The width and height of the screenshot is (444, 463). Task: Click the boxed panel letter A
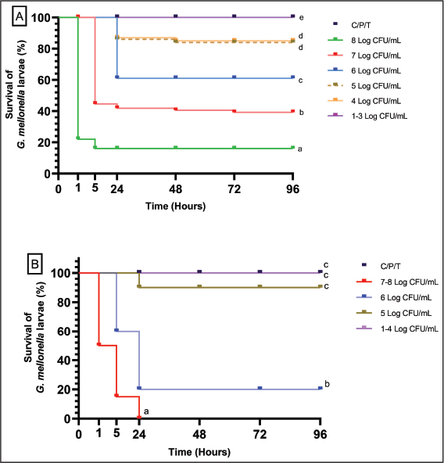coord(20,16)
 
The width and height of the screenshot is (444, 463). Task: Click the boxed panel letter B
coord(35,264)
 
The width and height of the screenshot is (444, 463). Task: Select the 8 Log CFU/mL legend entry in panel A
coord(364,40)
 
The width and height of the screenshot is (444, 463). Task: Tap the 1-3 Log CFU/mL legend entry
coord(367,116)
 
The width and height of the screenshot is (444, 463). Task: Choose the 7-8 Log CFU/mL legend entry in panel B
coord(397,282)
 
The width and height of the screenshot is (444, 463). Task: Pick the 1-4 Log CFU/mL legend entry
coord(397,328)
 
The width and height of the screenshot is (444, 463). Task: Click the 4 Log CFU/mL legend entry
coord(364,101)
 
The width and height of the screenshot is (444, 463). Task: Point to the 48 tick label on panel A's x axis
coord(176,189)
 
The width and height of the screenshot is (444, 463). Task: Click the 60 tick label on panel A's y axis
coord(45,80)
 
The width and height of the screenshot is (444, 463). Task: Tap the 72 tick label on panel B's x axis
coord(260,434)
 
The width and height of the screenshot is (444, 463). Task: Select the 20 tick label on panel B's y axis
coord(64,389)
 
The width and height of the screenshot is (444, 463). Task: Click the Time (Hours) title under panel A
coord(175,206)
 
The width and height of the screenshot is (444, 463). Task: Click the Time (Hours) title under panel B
coord(199,452)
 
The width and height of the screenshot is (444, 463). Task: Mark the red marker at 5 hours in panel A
coord(95,102)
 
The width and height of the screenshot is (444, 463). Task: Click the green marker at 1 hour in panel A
coord(78,138)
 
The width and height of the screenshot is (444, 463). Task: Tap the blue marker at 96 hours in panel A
coord(292,77)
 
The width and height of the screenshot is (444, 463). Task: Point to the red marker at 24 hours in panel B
coord(139,417)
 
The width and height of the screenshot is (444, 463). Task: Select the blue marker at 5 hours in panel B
coord(116,330)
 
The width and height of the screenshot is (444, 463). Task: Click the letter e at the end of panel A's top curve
coord(301,18)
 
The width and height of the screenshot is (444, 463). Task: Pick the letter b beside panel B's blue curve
coord(327,384)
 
